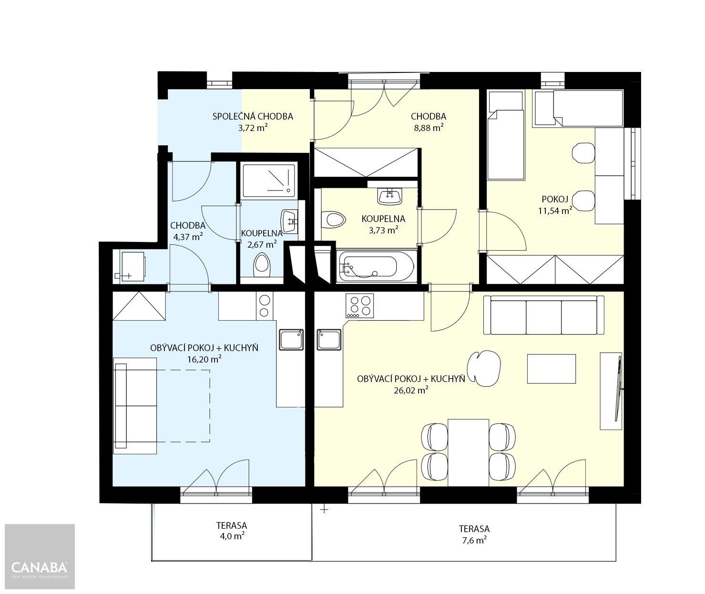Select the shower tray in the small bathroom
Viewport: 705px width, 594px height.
[x=268, y=181]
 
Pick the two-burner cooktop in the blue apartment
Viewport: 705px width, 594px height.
[x=264, y=306]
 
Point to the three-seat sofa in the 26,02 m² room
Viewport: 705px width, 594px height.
[x=544, y=315]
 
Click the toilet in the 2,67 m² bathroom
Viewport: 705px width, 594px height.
[x=261, y=265]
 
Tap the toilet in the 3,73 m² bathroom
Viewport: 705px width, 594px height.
[x=334, y=220]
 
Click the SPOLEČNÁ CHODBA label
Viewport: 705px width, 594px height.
[x=253, y=116]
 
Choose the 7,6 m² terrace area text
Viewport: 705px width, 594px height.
[x=474, y=540]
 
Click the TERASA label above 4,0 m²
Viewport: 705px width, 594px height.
[x=231, y=525]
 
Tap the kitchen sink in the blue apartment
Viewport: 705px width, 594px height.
[x=291, y=340]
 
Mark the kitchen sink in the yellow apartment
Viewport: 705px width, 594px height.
[x=329, y=340]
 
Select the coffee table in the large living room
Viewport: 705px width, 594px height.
[x=552, y=368]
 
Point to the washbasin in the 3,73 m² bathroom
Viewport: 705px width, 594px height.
[x=389, y=195]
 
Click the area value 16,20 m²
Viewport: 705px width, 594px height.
[x=204, y=360]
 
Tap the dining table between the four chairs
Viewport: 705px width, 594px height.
[x=469, y=453]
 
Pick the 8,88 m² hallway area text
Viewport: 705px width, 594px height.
[x=428, y=128]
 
